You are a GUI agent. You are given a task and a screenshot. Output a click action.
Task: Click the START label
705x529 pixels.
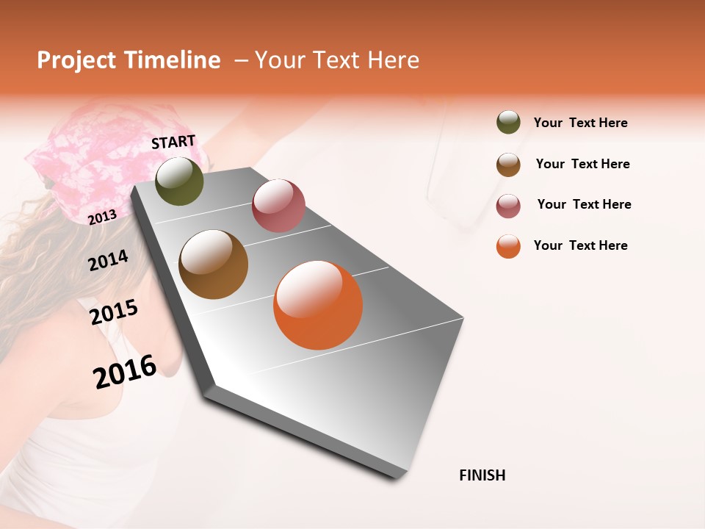click(173, 142)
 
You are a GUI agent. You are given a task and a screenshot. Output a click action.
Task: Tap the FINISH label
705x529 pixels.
click(482, 475)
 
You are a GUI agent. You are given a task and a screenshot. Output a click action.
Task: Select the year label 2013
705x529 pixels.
click(102, 217)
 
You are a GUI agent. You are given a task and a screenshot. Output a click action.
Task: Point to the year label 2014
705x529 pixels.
click(108, 260)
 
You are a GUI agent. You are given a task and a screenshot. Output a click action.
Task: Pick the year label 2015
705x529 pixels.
click(114, 312)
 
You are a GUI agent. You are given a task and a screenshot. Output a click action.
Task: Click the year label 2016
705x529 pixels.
click(125, 371)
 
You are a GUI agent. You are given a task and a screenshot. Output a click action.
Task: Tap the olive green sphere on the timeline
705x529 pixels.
click(179, 181)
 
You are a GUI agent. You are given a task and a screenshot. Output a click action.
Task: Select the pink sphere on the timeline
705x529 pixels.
click(278, 206)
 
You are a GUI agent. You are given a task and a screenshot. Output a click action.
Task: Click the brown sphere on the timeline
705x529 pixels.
click(213, 264)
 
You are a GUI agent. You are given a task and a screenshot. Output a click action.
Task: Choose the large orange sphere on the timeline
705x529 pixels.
click(318, 305)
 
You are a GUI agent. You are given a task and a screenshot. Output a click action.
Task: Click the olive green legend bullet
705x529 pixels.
click(508, 122)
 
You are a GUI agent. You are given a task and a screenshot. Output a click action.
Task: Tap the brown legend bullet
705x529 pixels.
click(508, 165)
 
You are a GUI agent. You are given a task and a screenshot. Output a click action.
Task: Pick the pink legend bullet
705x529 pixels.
click(508, 206)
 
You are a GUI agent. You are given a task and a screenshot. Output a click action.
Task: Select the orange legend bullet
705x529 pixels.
click(508, 246)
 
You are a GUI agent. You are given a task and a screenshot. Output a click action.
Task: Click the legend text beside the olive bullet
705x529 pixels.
click(580, 123)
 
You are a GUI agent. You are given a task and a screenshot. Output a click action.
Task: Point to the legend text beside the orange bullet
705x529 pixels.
click(580, 245)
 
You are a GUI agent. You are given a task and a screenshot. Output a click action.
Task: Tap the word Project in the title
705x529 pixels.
click(76, 60)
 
